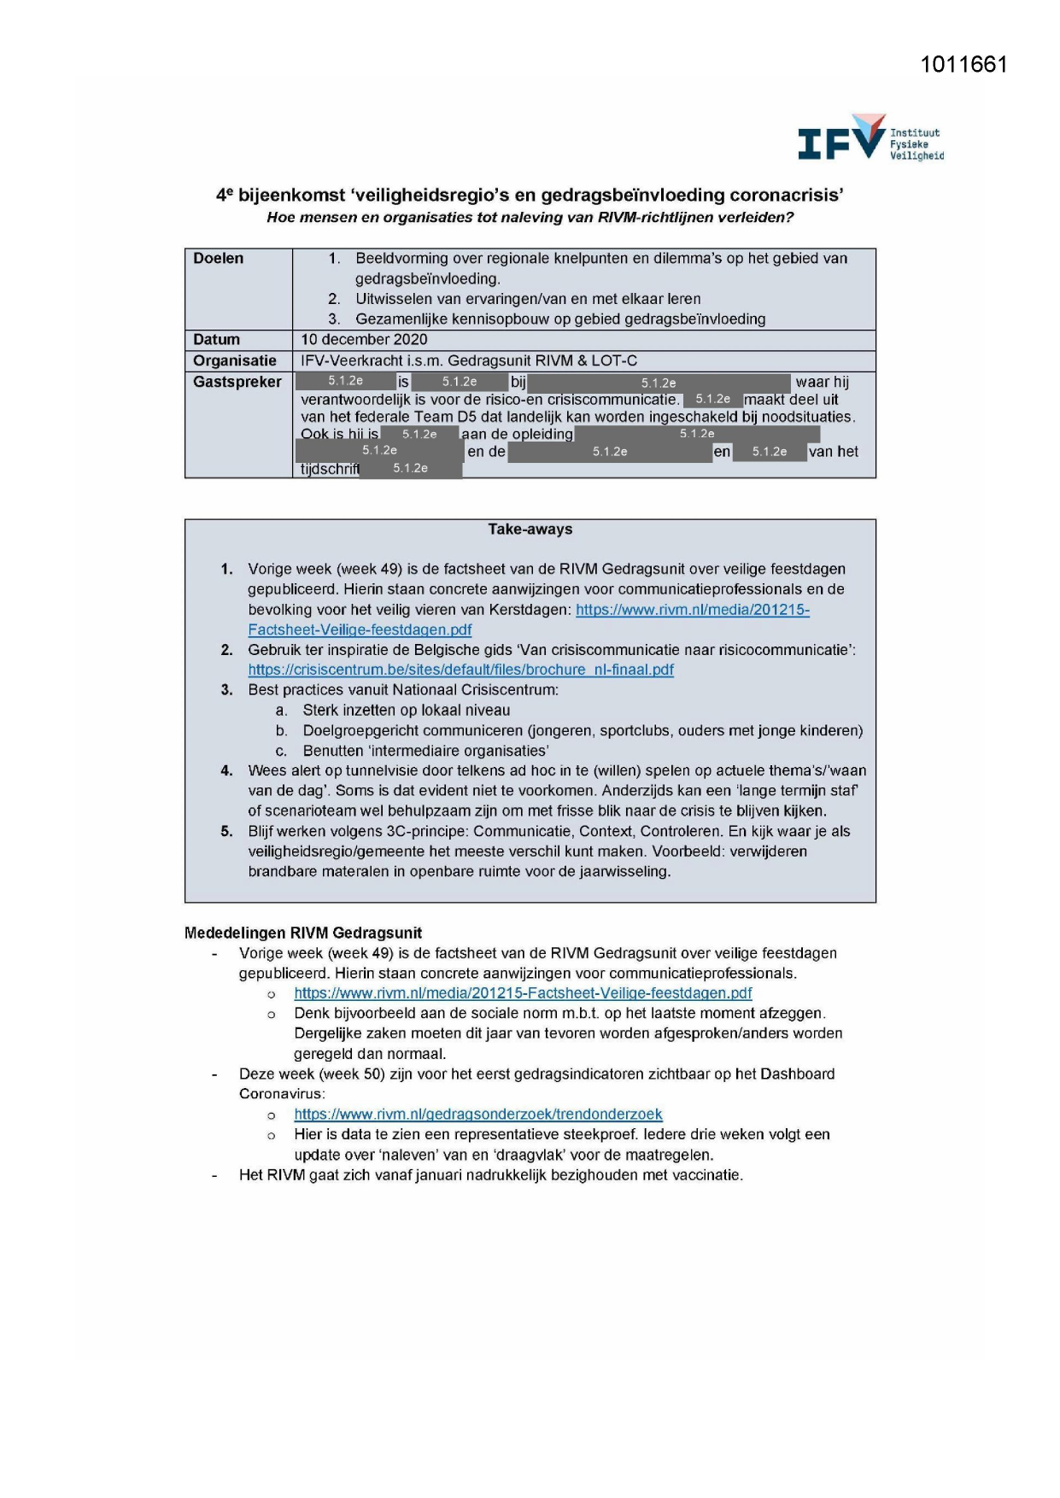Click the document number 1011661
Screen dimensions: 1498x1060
pyautogui.click(x=963, y=65)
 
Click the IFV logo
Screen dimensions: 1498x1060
pyautogui.click(x=869, y=139)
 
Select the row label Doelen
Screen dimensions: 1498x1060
pyautogui.click(x=218, y=259)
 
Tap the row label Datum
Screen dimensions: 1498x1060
pyautogui.click(x=216, y=340)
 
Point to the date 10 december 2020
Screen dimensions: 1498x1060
pyautogui.click(x=364, y=340)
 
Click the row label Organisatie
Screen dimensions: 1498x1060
pyautogui.click(x=234, y=361)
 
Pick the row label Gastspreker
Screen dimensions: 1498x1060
pyautogui.click(x=237, y=382)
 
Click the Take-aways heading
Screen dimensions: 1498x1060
pyautogui.click(x=530, y=530)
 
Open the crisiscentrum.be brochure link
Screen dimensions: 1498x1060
pyautogui.click(x=460, y=670)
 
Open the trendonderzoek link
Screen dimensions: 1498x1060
pyautogui.click(x=477, y=1115)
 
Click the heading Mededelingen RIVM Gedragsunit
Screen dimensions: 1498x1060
pyautogui.click(x=303, y=933)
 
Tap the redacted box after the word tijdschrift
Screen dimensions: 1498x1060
pyautogui.click(x=411, y=469)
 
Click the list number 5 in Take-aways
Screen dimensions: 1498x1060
pyautogui.click(x=226, y=832)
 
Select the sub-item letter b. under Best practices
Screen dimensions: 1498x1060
pyautogui.click(x=281, y=731)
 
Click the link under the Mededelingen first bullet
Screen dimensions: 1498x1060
pyautogui.click(x=523, y=993)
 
